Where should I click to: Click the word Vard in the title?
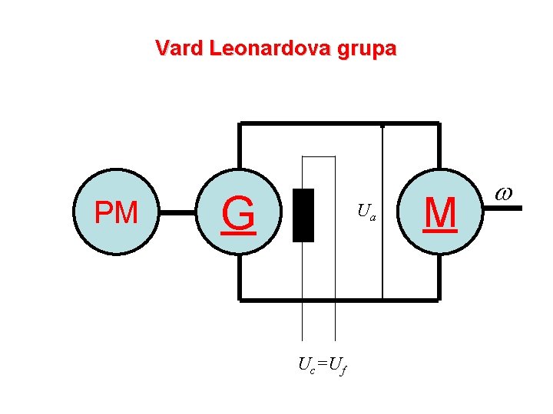tap(178, 49)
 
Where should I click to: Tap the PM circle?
tap(115, 212)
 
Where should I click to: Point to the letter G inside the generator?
tap(238, 214)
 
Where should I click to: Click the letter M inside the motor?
tap(440, 212)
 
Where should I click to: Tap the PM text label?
tap(115, 212)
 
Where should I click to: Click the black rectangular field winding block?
tap(303, 215)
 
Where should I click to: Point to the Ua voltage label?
tap(366, 212)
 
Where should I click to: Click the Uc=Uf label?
tap(323, 365)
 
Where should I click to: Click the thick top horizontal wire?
tap(338, 123)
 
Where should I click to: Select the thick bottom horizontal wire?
tap(338, 299)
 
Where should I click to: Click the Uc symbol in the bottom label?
tap(306, 365)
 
